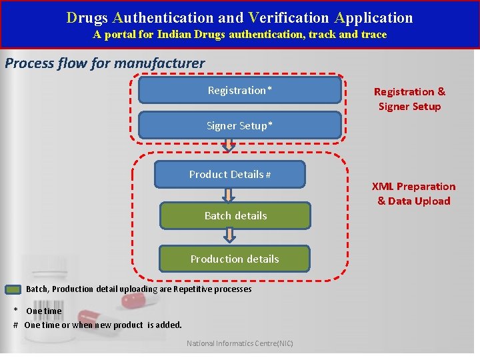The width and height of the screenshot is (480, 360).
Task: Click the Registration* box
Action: click(239, 90)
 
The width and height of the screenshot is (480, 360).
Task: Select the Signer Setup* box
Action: click(239, 125)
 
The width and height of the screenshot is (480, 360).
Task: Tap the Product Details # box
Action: click(229, 174)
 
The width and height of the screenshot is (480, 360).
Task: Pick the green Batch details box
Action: click(235, 215)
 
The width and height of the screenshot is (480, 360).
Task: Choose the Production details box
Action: click(235, 259)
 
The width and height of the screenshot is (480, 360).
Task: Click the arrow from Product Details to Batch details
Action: click(229, 195)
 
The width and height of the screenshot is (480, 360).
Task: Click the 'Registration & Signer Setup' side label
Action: click(409, 99)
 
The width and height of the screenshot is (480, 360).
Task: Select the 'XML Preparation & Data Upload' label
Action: click(413, 193)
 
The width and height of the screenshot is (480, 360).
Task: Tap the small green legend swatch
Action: click(13, 289)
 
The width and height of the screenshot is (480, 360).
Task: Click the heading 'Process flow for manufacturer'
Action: click(105, 64)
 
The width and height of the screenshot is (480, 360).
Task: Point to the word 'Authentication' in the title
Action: click(158, 17)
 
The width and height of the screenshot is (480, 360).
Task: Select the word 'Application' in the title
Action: click(374, 17)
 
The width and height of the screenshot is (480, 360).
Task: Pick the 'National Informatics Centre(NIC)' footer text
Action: click(239, 344)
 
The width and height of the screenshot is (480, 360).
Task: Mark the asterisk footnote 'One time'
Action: click(43, 311)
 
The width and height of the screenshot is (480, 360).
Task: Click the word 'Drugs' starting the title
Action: click(87, 17)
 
